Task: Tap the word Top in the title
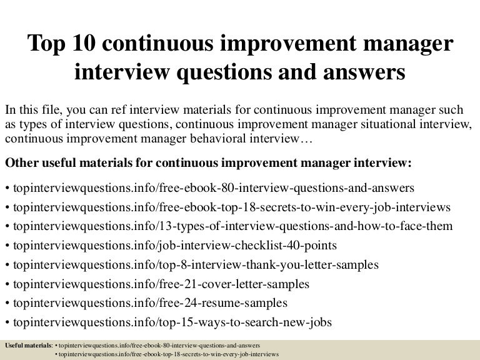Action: pos(47,46)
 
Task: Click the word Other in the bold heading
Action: pos(22,162)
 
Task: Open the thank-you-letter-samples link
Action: pos(194,265)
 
